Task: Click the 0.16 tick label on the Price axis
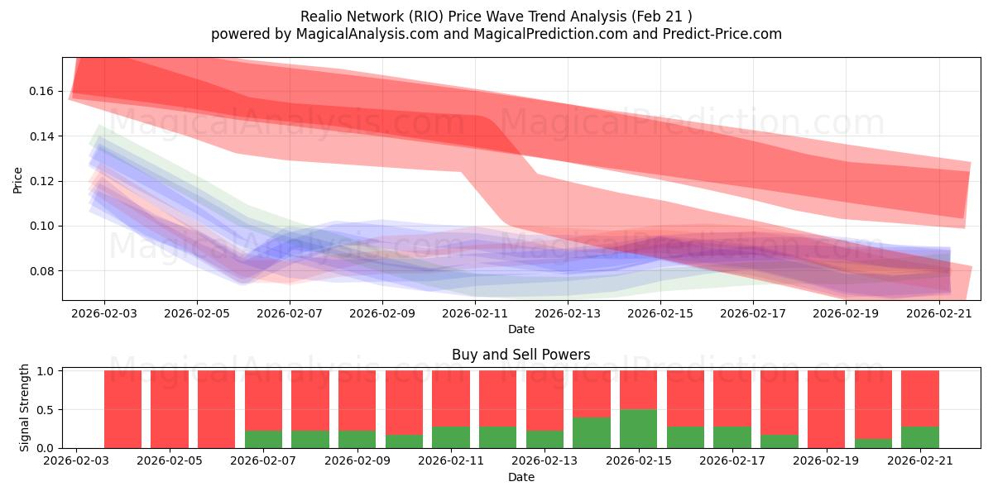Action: [41, 91]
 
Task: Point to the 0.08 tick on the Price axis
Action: [41, 271]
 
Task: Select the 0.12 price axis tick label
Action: [41, 181]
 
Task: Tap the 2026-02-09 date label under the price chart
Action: [382, 313]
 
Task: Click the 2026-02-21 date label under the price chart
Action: [939, 313]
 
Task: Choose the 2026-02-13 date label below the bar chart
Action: [544, 460]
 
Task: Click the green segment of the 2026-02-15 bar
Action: [638, 429]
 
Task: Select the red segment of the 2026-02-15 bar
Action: [638, 389]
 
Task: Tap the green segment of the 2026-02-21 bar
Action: [920, 437]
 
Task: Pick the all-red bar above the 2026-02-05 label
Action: [170, 409]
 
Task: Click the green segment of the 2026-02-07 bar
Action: [263, 439]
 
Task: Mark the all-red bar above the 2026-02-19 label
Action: [827, 409]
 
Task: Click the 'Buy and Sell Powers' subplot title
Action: [520, 355]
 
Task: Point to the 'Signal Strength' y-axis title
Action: [24, 408]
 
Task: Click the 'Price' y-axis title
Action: [17, 180]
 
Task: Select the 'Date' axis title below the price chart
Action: [520, 329]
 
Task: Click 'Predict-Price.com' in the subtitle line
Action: [722, 34]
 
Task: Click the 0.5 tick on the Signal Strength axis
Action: [46, 410]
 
